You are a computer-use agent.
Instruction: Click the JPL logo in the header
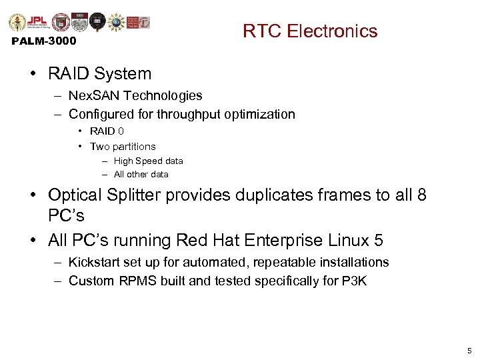tap(38, 22)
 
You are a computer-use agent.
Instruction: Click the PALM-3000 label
tap(44, 41)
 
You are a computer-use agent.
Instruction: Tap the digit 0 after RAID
tap(121, 131)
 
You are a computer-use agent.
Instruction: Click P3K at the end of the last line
tap(354, 281)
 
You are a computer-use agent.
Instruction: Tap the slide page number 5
tap(469, 350)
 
